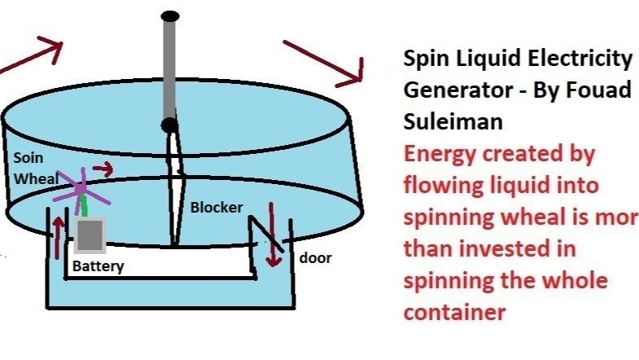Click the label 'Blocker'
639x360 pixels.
217,208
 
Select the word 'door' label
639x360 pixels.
315,258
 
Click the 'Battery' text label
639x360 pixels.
98,266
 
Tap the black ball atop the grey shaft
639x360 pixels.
170,15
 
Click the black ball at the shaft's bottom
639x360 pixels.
169,125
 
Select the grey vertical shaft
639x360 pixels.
170,69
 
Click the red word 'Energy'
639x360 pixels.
443,153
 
